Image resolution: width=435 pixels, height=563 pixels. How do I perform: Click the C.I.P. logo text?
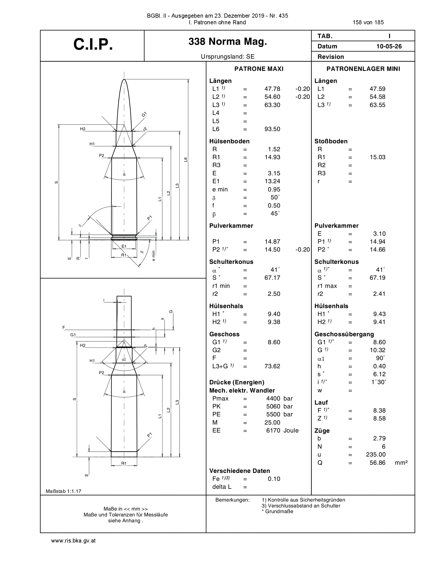click(x=93, y=44)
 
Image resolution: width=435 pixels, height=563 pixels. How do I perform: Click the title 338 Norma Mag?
click(x=227, y=41)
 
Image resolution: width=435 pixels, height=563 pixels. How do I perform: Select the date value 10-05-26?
click(x=389, y=46)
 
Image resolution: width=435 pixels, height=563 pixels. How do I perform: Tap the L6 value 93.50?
click(x=272, y=129)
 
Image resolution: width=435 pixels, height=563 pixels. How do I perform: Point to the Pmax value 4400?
click(x=273, y=398)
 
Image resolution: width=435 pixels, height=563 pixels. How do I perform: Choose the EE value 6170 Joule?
click(x=282, y=430)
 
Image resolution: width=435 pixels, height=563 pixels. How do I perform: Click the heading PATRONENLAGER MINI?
click(x=363, y=69)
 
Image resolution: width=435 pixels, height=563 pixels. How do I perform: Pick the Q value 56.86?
click(x=377, y=462)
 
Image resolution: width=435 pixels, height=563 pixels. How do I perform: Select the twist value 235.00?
click(x=376, y=454)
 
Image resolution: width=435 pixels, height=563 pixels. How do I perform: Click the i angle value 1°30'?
click(x=378, y=382)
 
